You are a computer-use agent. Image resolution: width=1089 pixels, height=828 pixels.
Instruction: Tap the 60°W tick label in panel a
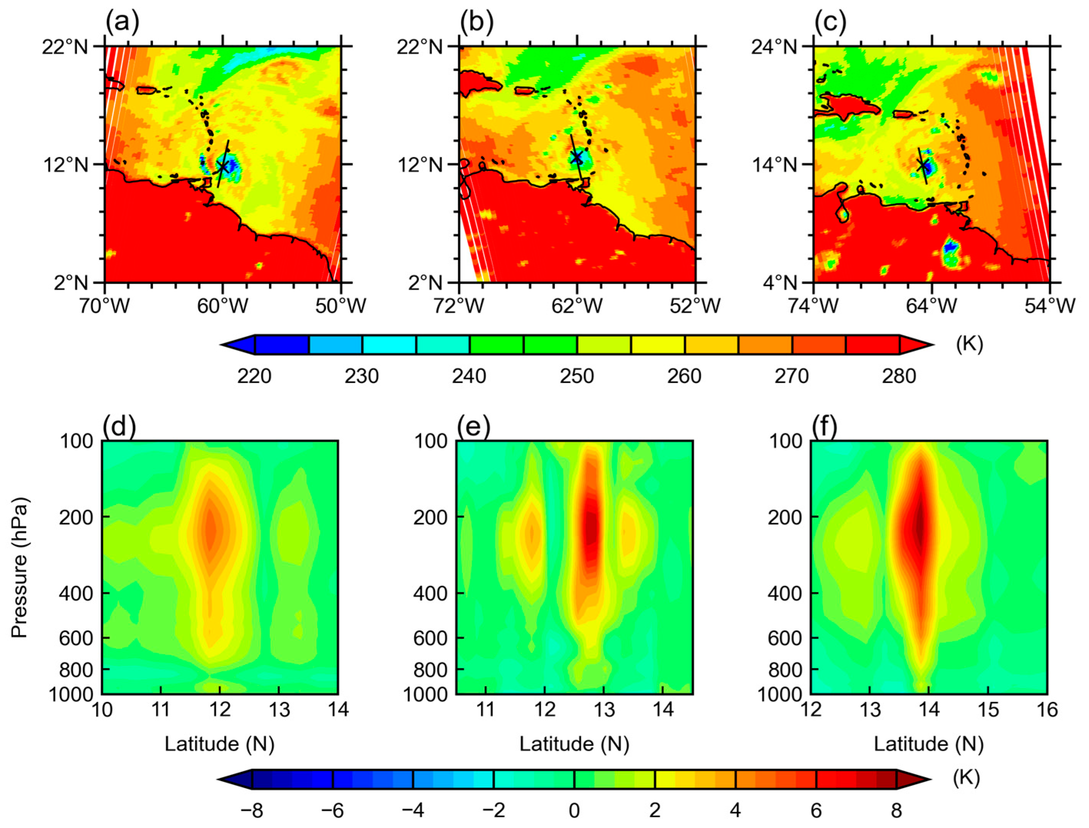point(223,307)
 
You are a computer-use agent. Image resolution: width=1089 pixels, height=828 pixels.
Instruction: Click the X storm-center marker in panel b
point(576,157)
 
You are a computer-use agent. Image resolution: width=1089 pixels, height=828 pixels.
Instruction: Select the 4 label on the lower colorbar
point(735,810)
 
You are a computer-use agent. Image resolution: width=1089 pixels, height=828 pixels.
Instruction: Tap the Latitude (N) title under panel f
point(929,744)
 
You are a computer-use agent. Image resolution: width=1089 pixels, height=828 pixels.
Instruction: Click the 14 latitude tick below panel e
point(663,710)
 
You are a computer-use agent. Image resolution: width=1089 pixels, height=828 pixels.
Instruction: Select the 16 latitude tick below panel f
point(1047,710)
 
